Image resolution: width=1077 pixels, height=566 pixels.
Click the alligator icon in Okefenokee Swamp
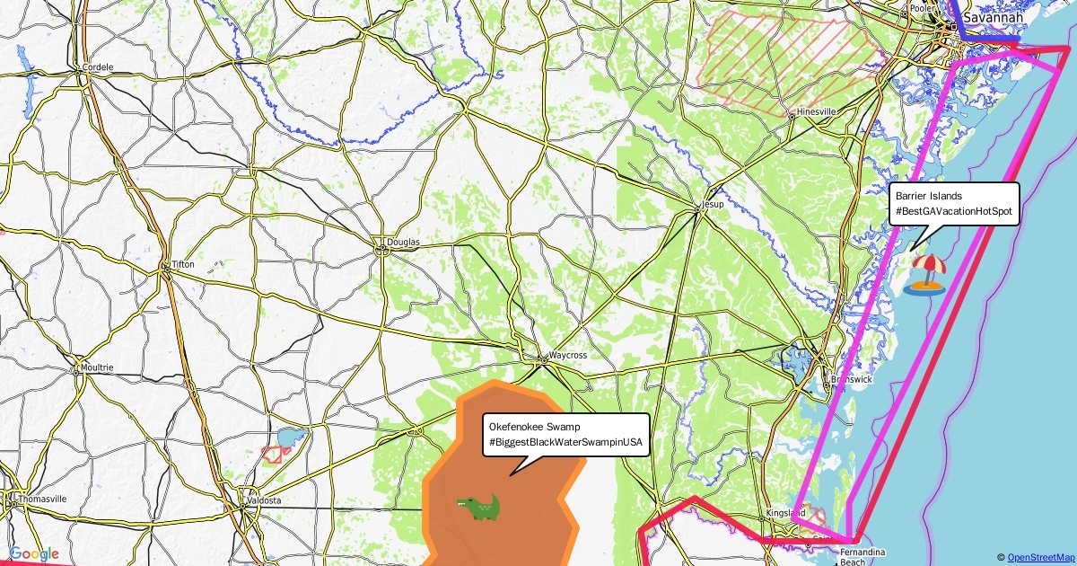pos(477,508)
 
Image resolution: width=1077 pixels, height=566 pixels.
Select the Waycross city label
pos(567,355)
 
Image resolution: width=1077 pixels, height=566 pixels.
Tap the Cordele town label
pos(97,66)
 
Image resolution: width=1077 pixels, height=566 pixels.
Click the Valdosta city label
pos(265,500)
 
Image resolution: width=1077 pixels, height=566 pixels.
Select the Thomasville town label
pos(42,499)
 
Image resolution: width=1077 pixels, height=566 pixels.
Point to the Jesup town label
pos(713,204)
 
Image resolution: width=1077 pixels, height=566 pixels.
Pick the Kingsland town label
pos(785,513)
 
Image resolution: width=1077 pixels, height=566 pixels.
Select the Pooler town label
pos(923,7)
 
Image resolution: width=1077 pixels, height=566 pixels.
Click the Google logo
pos(34,554)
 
